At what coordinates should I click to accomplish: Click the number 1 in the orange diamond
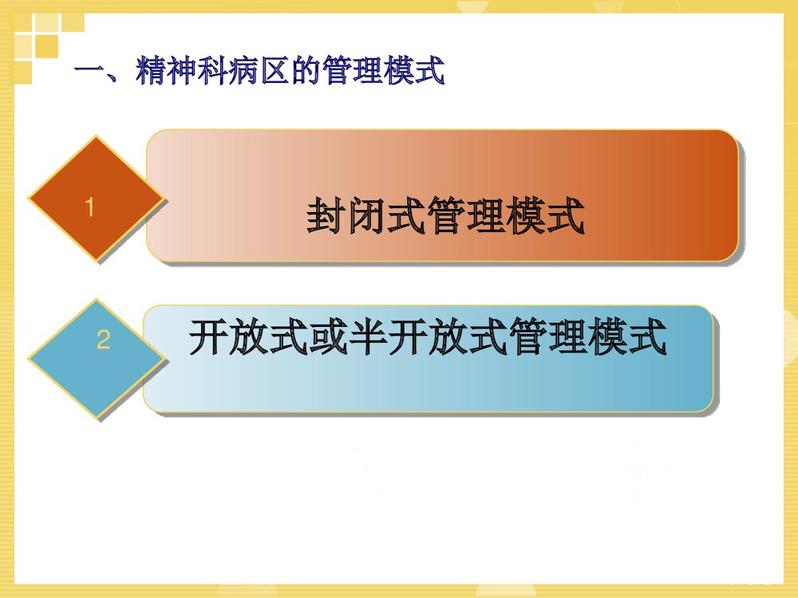pyautogui.click(x=90, y=208)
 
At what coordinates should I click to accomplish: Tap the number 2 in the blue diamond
pyautogui.click(x=103, y=340)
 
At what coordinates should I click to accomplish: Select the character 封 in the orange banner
pyautogui.click(x=326, y=218)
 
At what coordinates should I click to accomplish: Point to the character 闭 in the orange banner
pyautogui.click(x=366, y=218)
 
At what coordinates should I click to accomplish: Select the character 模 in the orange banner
pyautogui.click(x=526, y=218)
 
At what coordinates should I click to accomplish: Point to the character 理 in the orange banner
pyautogui.click(x=486, y=218)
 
